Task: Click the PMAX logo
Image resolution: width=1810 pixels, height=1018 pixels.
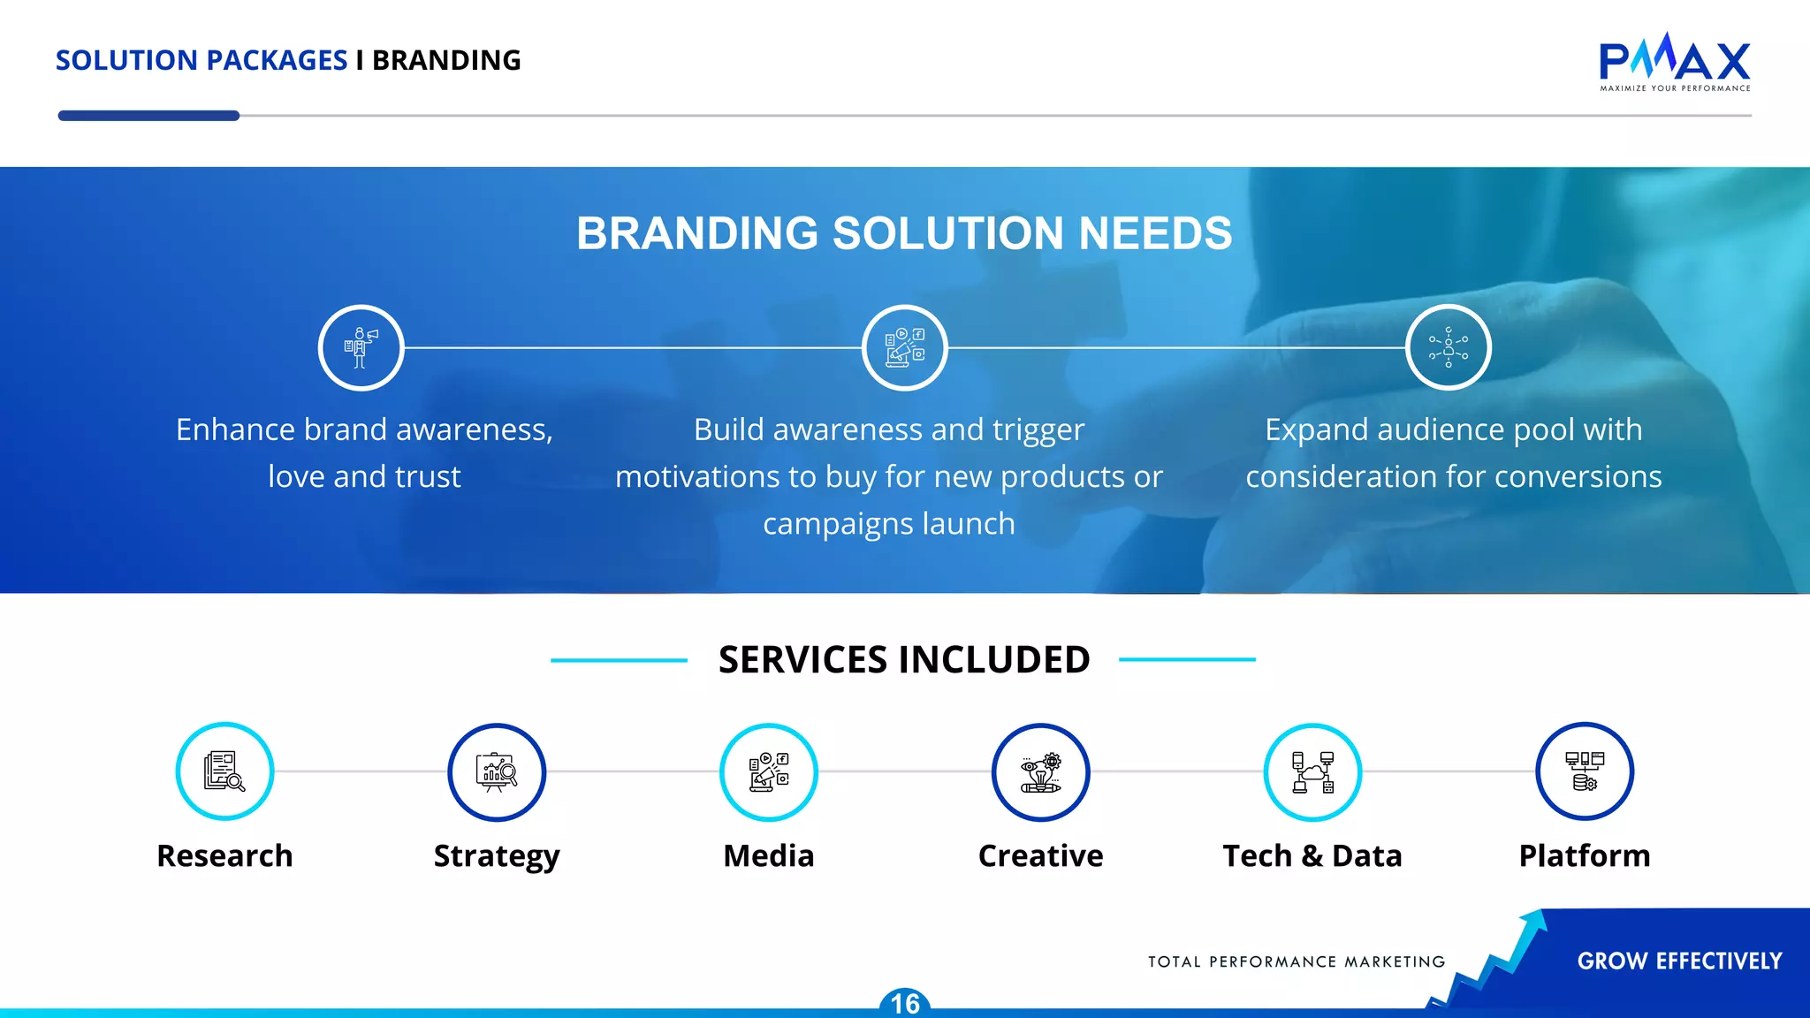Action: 1675,62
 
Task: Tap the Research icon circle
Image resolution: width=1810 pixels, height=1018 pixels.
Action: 224,771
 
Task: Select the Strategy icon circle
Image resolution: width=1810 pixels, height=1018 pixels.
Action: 497,771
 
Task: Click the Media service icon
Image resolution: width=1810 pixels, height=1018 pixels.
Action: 769,771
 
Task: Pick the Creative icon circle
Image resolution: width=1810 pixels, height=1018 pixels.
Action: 1040,771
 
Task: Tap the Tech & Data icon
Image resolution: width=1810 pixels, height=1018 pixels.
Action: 1312,771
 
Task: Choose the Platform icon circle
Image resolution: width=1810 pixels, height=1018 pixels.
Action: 1585,771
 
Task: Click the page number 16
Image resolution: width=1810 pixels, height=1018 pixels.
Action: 905,1004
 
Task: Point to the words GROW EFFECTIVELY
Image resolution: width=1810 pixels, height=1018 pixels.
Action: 1679,961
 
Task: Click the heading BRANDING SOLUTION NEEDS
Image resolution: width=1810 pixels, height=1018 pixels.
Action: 904,233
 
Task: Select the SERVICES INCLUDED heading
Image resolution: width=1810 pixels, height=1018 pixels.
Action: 904,660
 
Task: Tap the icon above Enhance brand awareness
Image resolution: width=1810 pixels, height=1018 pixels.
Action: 361,347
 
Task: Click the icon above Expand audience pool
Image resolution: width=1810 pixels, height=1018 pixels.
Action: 1448,347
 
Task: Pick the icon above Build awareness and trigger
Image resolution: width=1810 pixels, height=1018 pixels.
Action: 904,347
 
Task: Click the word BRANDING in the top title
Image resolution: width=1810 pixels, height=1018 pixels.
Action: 446,60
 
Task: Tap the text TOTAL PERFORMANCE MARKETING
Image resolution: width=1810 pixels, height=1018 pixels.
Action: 1297,961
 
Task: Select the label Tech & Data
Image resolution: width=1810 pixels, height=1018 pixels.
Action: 1312,855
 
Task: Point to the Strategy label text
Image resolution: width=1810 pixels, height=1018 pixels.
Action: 497,855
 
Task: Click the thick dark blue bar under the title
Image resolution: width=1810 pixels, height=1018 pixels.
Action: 148,116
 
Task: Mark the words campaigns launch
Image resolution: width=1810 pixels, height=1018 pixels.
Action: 889,524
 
